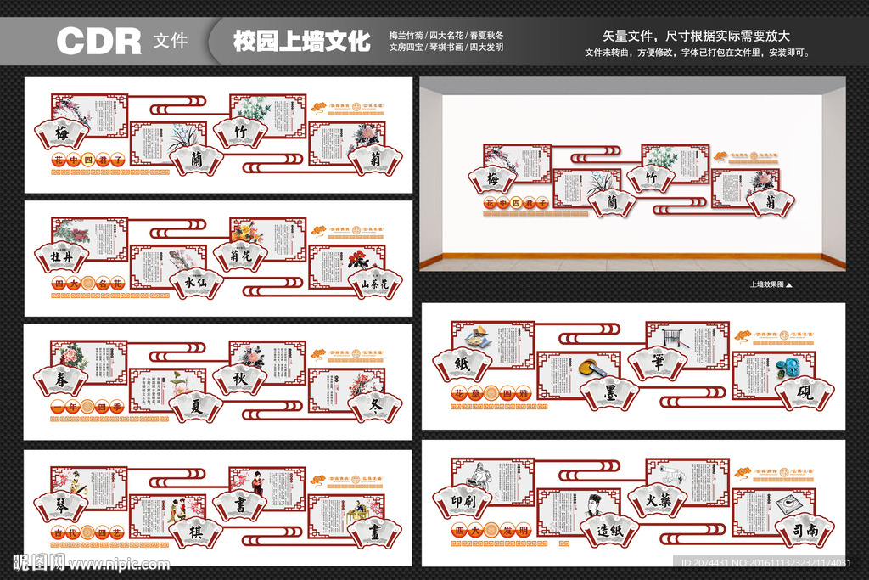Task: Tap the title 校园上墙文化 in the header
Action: click(x=302, y=41)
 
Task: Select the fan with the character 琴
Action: click(x=61, y=504)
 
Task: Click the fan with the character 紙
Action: click(x=462, y=363)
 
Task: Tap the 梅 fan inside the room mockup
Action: click(x=492, y=179)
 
